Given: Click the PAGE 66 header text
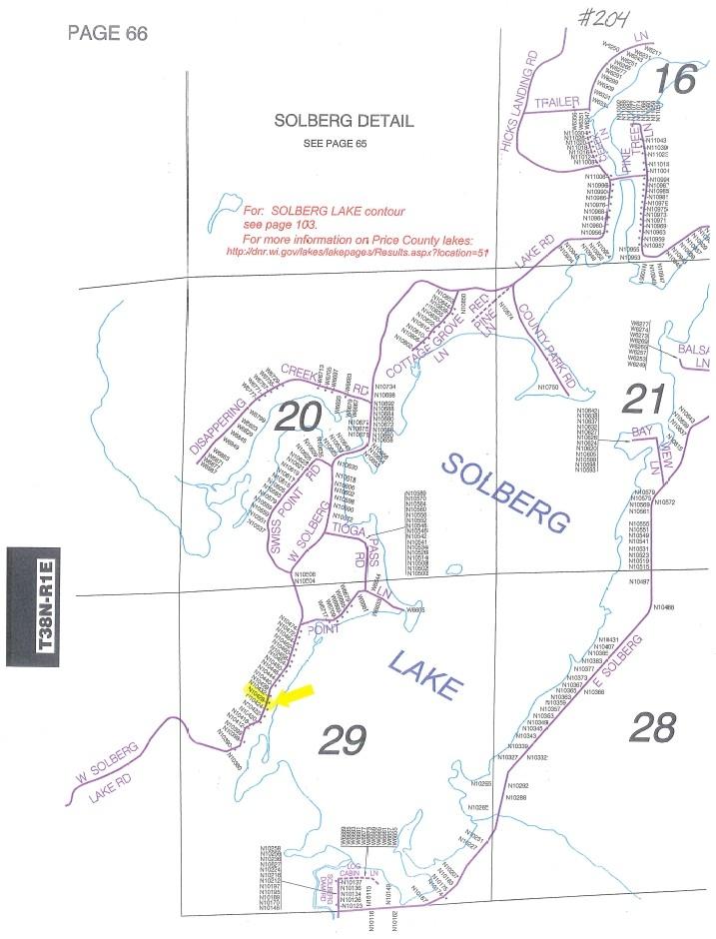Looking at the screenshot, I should click(107, 33).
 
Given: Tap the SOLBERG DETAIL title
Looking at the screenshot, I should click(344, 121).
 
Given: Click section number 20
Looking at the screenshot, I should click(297, 418).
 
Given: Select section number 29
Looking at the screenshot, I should click(342, 739).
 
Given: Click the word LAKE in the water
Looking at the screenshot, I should click(423, 672).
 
